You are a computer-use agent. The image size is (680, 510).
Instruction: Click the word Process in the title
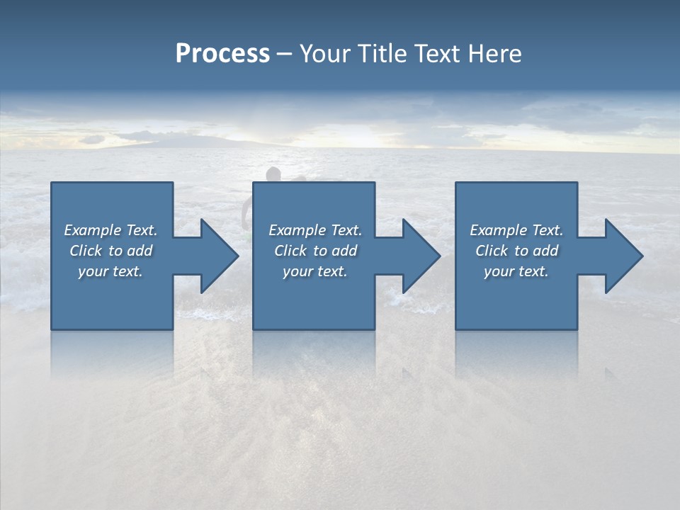(x=222, y=54)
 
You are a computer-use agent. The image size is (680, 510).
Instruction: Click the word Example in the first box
(x=92, y=230)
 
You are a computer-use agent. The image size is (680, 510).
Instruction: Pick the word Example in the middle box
(x=296, y=230)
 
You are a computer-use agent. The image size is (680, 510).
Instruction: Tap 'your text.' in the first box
(x=110, y=271)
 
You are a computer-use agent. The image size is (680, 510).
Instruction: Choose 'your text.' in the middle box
(x=314, y=271)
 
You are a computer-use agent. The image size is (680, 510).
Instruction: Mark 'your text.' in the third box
(x=516, y=271)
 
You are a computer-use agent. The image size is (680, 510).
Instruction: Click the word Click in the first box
(x=86, y=251)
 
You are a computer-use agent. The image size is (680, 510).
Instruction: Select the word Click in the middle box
(x=290, y=251)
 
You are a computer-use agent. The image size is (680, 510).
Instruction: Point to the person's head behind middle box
(x=273, y=174)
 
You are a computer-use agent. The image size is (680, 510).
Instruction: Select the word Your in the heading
(x=324, y=54)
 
